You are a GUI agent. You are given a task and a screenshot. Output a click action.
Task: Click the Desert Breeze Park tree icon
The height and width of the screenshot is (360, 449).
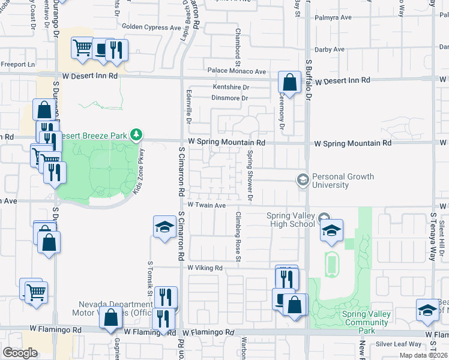137,134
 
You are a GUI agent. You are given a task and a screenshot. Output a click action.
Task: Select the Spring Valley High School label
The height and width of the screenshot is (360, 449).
291,220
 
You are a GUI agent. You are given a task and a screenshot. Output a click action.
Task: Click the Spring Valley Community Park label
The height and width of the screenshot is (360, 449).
366,322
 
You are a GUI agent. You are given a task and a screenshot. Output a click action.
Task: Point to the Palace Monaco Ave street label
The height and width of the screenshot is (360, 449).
237,71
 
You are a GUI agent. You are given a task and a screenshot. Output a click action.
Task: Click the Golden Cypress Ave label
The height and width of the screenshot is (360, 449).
151,27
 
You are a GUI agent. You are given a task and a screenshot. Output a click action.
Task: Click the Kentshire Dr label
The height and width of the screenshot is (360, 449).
231,87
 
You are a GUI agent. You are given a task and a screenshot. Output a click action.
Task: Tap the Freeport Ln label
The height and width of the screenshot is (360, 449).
19,64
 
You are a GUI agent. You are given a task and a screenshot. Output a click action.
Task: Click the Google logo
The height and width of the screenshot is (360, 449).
20,353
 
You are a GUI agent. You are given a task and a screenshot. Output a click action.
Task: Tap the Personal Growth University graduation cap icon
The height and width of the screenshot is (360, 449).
303,179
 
